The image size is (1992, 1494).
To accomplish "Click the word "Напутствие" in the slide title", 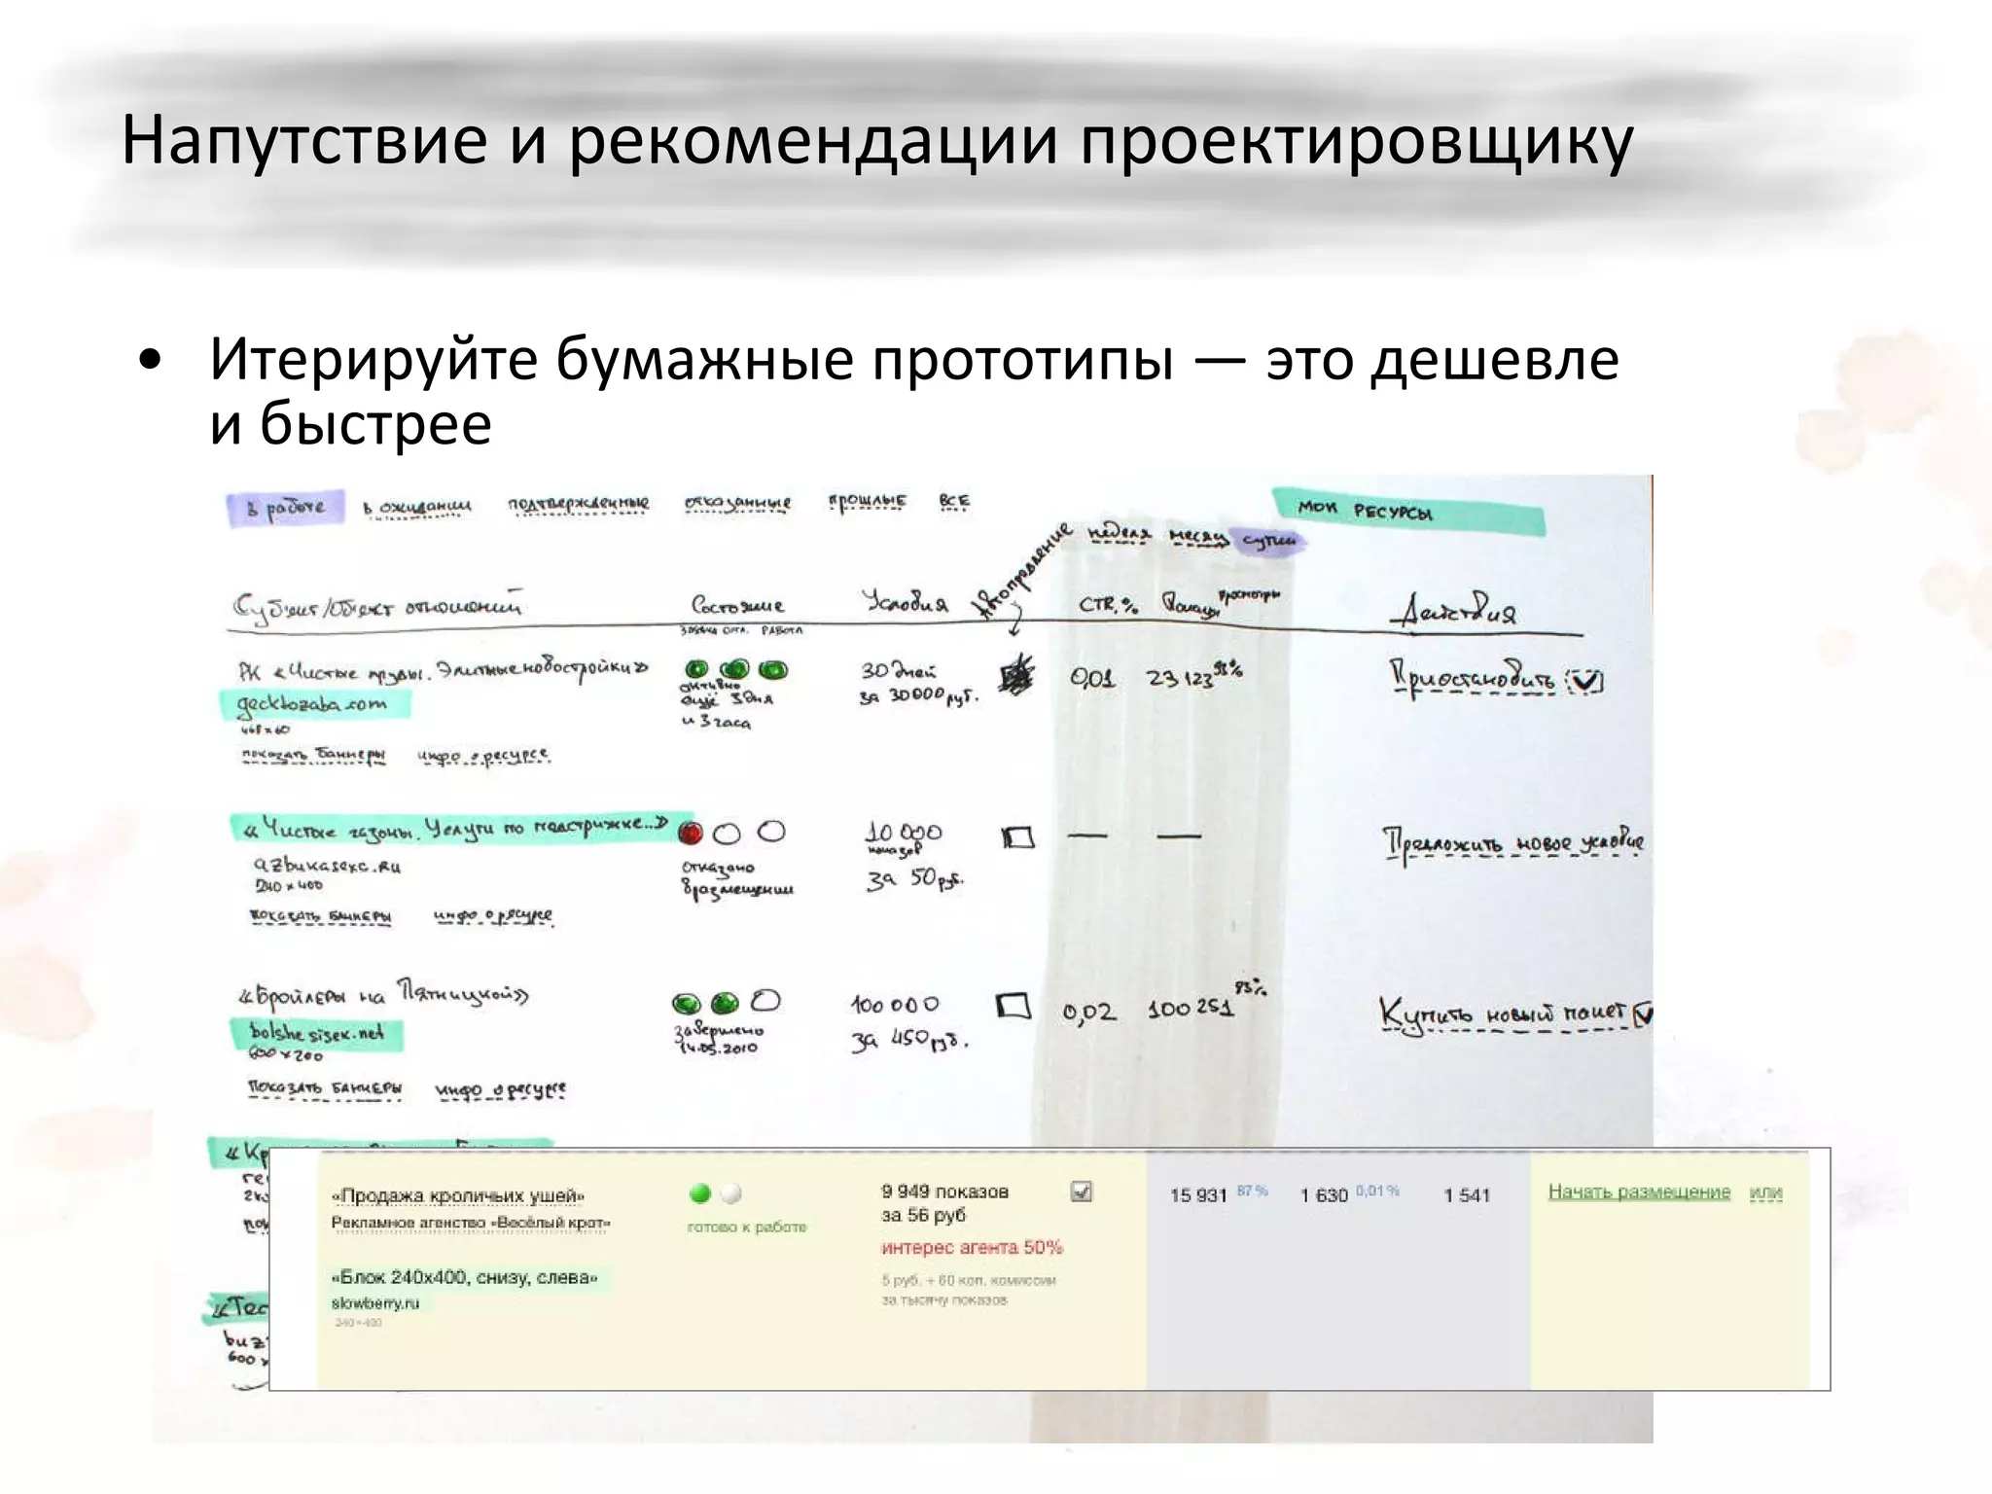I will coord(303,141).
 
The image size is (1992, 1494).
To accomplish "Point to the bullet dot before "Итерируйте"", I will coord(149,361).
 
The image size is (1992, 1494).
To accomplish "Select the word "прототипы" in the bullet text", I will coord(1022,361).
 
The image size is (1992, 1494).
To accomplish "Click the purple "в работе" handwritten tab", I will coord(286,508).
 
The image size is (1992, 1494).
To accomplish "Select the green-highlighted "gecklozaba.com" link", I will coord(312,703).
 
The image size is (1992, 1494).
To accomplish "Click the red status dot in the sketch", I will coord(691,833).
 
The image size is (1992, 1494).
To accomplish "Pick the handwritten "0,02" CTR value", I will coord(1088,1013).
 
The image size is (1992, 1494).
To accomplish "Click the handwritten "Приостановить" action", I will coord(1474,678).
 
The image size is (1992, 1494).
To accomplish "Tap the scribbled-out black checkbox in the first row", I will coord(1017,674).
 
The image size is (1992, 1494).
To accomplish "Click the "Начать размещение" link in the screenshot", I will coord(1639,1192).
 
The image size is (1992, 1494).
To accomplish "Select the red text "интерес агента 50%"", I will coord(972,1247).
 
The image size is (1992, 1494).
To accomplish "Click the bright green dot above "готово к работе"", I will coord(699,1193).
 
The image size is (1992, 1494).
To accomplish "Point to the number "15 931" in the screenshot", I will coord(1198,1195).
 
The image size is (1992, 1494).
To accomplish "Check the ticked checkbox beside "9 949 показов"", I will coord(1081,1192).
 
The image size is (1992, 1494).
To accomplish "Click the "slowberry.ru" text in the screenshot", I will coord(375,1303).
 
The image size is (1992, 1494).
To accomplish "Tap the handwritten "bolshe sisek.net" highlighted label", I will coord(317,1033).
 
